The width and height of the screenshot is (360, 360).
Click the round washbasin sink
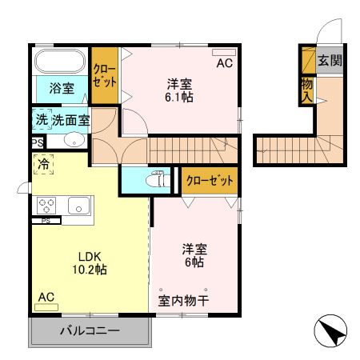(x=73, y=141)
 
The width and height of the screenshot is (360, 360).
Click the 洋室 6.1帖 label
(x=180, y=90)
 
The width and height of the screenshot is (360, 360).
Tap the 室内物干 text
(x=184, y=302)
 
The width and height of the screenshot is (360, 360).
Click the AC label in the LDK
(x=46, y=297)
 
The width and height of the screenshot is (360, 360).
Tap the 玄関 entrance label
(x=329, y=61)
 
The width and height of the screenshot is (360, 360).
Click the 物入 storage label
(x=307, y=90)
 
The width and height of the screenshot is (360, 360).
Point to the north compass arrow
(x=330, y=330)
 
